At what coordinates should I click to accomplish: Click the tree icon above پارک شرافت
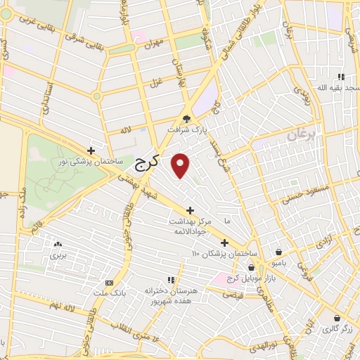pyautogui.click(x=186, y=119)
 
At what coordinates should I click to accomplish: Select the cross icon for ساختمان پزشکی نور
pyautogui.click(x=91, y=150)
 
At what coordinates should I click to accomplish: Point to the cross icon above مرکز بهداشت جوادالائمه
pyautogui.click(x=190, y=210)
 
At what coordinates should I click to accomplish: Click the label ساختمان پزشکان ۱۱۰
pyautogui.click(x=224, y=252)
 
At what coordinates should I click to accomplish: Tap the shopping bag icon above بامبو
pyautogui.click(x=279, y=251)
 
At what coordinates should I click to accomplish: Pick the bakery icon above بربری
pyautogui.click(x=57, y=244)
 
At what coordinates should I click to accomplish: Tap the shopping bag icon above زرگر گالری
pyautogui.click(x=337, y=318)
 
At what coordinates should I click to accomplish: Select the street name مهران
pyautogui.click(x=153, y=43)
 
